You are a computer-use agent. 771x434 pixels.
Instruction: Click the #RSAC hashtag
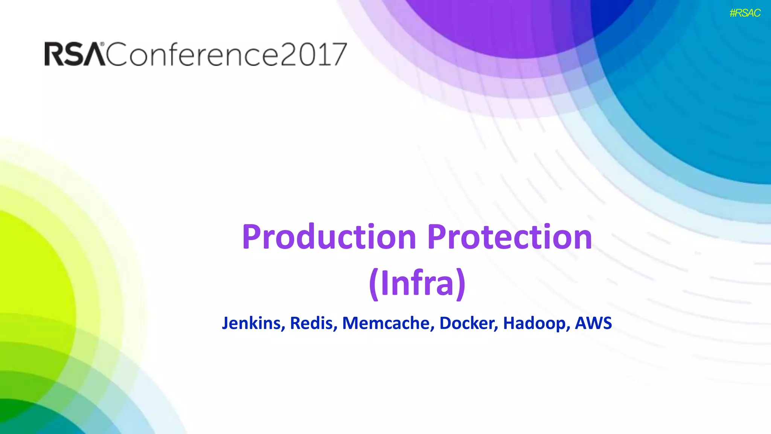click(745, 13)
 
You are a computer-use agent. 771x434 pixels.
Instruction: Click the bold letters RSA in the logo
click(75, 54)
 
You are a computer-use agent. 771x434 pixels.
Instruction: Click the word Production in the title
click(329, 237)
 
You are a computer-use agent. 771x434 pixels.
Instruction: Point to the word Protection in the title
click(510, 237)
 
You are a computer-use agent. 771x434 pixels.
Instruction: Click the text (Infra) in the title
click(417, 283)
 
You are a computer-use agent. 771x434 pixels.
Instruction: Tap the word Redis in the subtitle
click(313, 323)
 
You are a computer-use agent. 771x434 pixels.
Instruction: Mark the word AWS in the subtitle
click(593, 323)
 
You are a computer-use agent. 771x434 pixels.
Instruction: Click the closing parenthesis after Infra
click(461, 284)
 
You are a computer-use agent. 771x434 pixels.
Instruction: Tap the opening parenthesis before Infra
click(373, 284)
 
